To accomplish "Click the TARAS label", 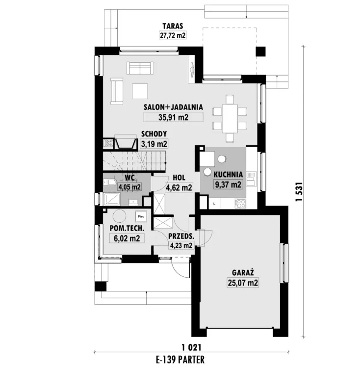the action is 173,26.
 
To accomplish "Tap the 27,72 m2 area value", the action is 173,35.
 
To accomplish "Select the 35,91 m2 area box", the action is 173,117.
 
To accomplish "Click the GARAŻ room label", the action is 243,273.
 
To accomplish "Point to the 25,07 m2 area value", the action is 243,283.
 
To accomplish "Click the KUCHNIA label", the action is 228,175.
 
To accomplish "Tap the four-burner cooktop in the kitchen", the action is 240,203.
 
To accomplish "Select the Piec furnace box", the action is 141,216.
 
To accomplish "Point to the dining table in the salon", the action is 230,119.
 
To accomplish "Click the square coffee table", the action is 140,91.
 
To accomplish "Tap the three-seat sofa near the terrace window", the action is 140,68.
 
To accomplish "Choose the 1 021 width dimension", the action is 191,347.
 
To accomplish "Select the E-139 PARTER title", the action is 180,360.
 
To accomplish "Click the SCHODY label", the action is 154,134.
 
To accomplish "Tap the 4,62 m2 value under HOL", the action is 179,187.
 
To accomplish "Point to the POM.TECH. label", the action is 127,228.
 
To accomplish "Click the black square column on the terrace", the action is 260,52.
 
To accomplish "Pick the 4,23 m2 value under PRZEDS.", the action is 181,245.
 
